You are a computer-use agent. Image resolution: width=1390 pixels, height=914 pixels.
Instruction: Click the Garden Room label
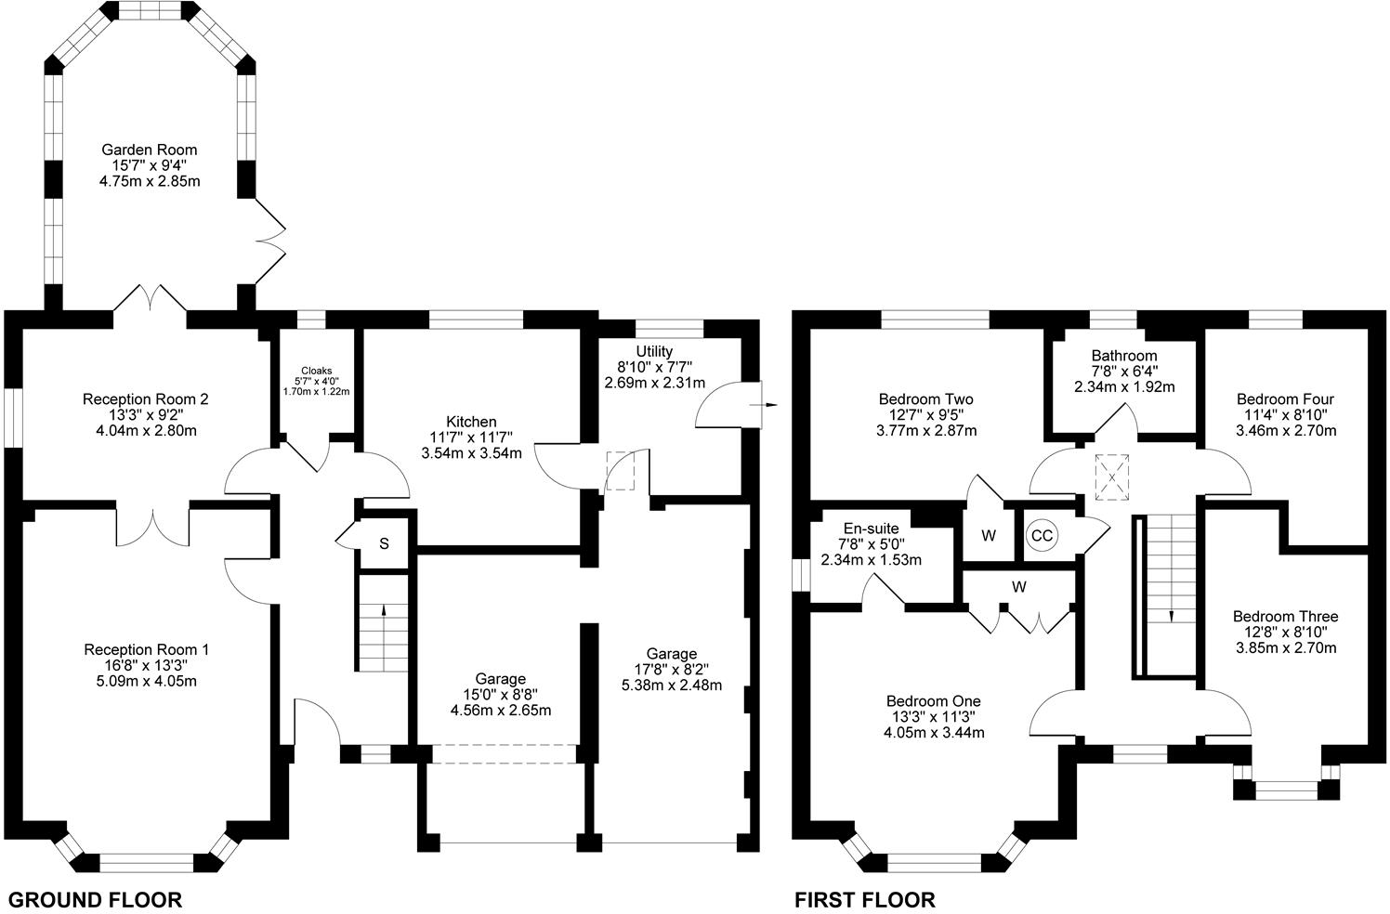149,150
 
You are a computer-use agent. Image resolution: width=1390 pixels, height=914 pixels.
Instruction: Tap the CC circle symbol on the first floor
1042,536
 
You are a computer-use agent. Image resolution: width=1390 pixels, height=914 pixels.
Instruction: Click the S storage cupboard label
385,543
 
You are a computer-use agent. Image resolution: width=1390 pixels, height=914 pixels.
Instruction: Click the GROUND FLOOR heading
95,899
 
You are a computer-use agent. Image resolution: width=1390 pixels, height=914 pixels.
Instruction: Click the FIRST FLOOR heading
864,899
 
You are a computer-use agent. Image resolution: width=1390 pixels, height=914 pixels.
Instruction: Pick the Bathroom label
1124,356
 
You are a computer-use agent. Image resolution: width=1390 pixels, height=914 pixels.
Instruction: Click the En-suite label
871,529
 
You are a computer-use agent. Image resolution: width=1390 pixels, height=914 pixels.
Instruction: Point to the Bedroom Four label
1285,399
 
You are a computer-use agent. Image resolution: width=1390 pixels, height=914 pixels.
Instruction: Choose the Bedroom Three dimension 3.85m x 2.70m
1286,647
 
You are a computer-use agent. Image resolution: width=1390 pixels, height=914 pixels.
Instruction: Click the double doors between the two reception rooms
153,528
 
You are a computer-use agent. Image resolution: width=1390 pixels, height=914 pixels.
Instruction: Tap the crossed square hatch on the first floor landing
1110,476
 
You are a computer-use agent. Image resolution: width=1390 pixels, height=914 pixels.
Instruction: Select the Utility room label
654,351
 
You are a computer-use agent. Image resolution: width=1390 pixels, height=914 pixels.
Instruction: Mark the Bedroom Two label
925,399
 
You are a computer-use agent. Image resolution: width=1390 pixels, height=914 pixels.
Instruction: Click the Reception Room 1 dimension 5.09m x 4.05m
146,681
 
